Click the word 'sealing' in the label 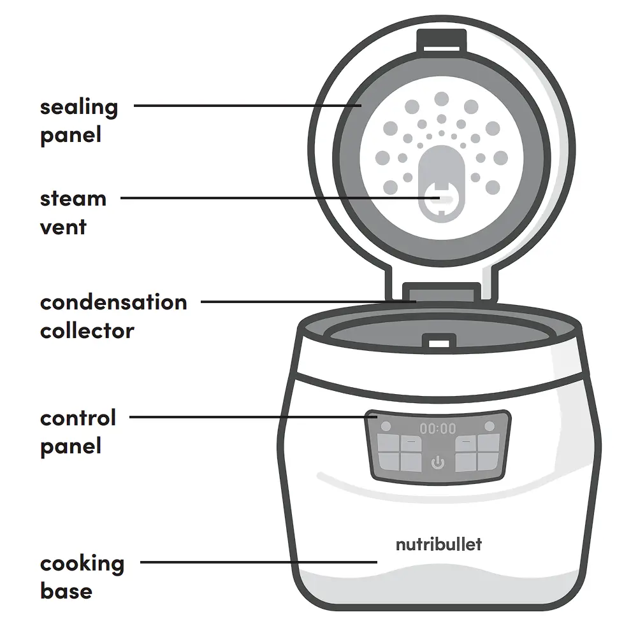pos(79,108)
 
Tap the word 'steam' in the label pos(73,199)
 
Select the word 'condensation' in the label pos(113,302)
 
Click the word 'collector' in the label pos(87,331)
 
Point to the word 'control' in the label pos(78,418)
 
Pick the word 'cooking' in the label pos(82,564)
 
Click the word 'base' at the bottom pos(66,592)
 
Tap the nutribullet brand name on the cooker pos(439,544)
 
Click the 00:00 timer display pos(438,429)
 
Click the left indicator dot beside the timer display pos(386,426)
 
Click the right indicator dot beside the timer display pos(489,426)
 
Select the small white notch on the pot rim pos(439,343)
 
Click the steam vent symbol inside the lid pos(440,199)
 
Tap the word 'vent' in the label pos(64,227)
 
